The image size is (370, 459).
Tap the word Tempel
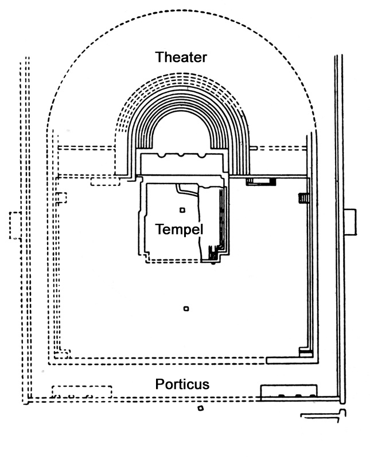click(x=179, y=229)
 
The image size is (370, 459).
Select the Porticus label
click(x=182, y=384)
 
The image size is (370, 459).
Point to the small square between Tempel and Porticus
click(x=185, y=310)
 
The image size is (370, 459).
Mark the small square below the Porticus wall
click(x=200, y=409)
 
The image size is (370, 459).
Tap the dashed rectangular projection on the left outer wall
click(x=14, y=225)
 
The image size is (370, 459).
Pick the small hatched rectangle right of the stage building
click(x=261, y=181)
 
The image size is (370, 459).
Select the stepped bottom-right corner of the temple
click(x=215, y=256)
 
